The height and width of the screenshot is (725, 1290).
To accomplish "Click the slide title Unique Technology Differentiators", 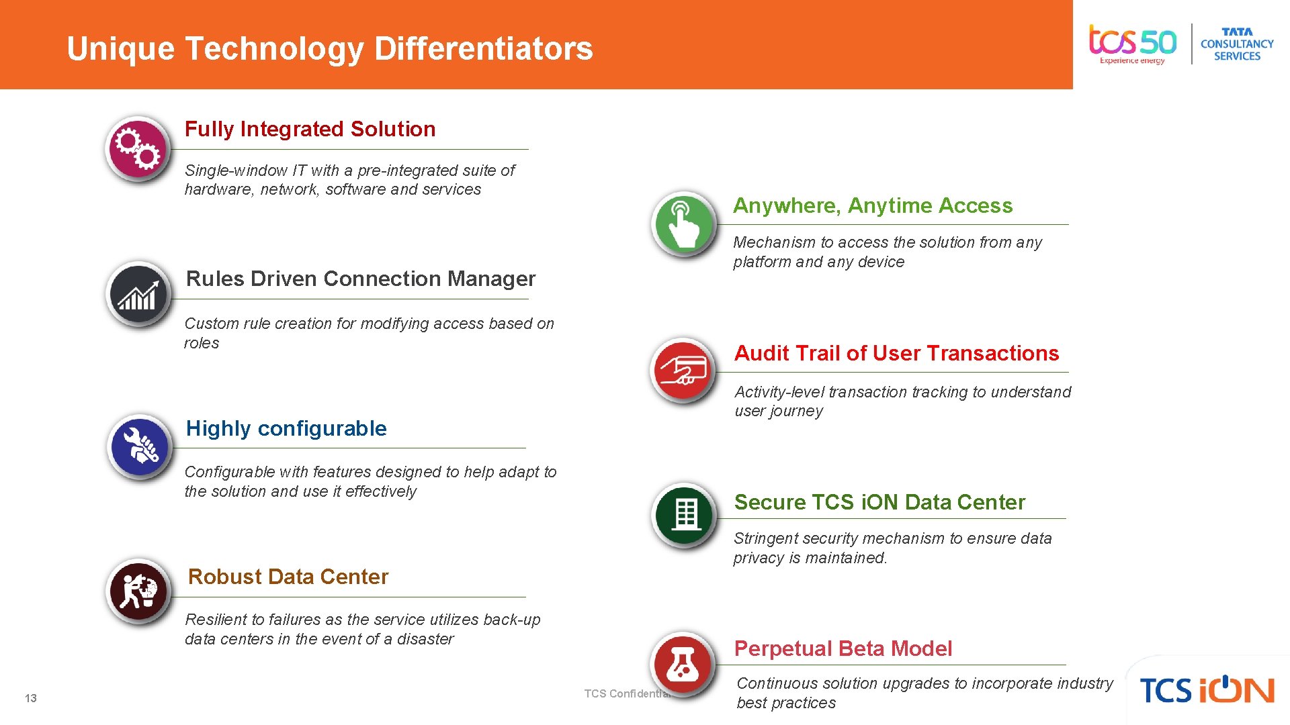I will pyautogui.click(x=330, y=48).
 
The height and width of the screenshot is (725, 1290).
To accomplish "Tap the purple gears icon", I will pyautogui.click(x=138, y=148).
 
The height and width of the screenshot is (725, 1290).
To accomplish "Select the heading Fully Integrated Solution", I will pyautogui.click(x=310, y=129).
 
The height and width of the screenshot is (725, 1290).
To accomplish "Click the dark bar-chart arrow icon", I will pyautogui.click(x=139, y=295).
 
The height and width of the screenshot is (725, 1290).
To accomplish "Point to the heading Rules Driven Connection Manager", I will pyautogui.click(x=361, y=279).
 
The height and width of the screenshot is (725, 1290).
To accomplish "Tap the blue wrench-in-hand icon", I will pyautogui.click(x=140, y=446).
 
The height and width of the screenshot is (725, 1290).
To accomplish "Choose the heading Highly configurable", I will pyautogui.click(x=286, y=428).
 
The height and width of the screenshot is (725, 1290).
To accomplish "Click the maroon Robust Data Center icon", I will pyautogui.click(x=139, y=591).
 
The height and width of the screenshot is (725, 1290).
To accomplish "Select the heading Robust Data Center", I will pyautogui.click(x=288, y=577).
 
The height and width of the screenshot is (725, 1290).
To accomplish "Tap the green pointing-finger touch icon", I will pyautogui.click(x=684, y=224).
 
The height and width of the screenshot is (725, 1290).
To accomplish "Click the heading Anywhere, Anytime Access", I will pyautogui.click(x=873, y=205).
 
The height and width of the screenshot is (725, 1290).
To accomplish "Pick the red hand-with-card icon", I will pyautogui.click(x=684, y=370).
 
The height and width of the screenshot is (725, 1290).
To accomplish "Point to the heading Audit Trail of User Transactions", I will pyautogui.click(x=897, y=353).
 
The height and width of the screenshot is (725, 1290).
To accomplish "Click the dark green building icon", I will pyautogui.click(x=685, y=515).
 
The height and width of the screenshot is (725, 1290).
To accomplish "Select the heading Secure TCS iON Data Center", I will pyautogui.click(x=879, y=502).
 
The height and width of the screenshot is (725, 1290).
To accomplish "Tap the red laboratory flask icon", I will pyautogui.click(x=683, y=663).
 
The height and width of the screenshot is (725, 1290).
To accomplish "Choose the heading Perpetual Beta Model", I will pyautogui.click(x=843, y=648).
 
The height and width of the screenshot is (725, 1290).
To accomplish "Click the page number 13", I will pyautogui.click(x=31, y=698).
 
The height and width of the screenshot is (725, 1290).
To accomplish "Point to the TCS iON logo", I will pyautogui.click(x=1207, y=690).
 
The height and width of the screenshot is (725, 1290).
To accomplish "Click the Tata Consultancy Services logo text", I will pyautogui.click(x=1237, y=44).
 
